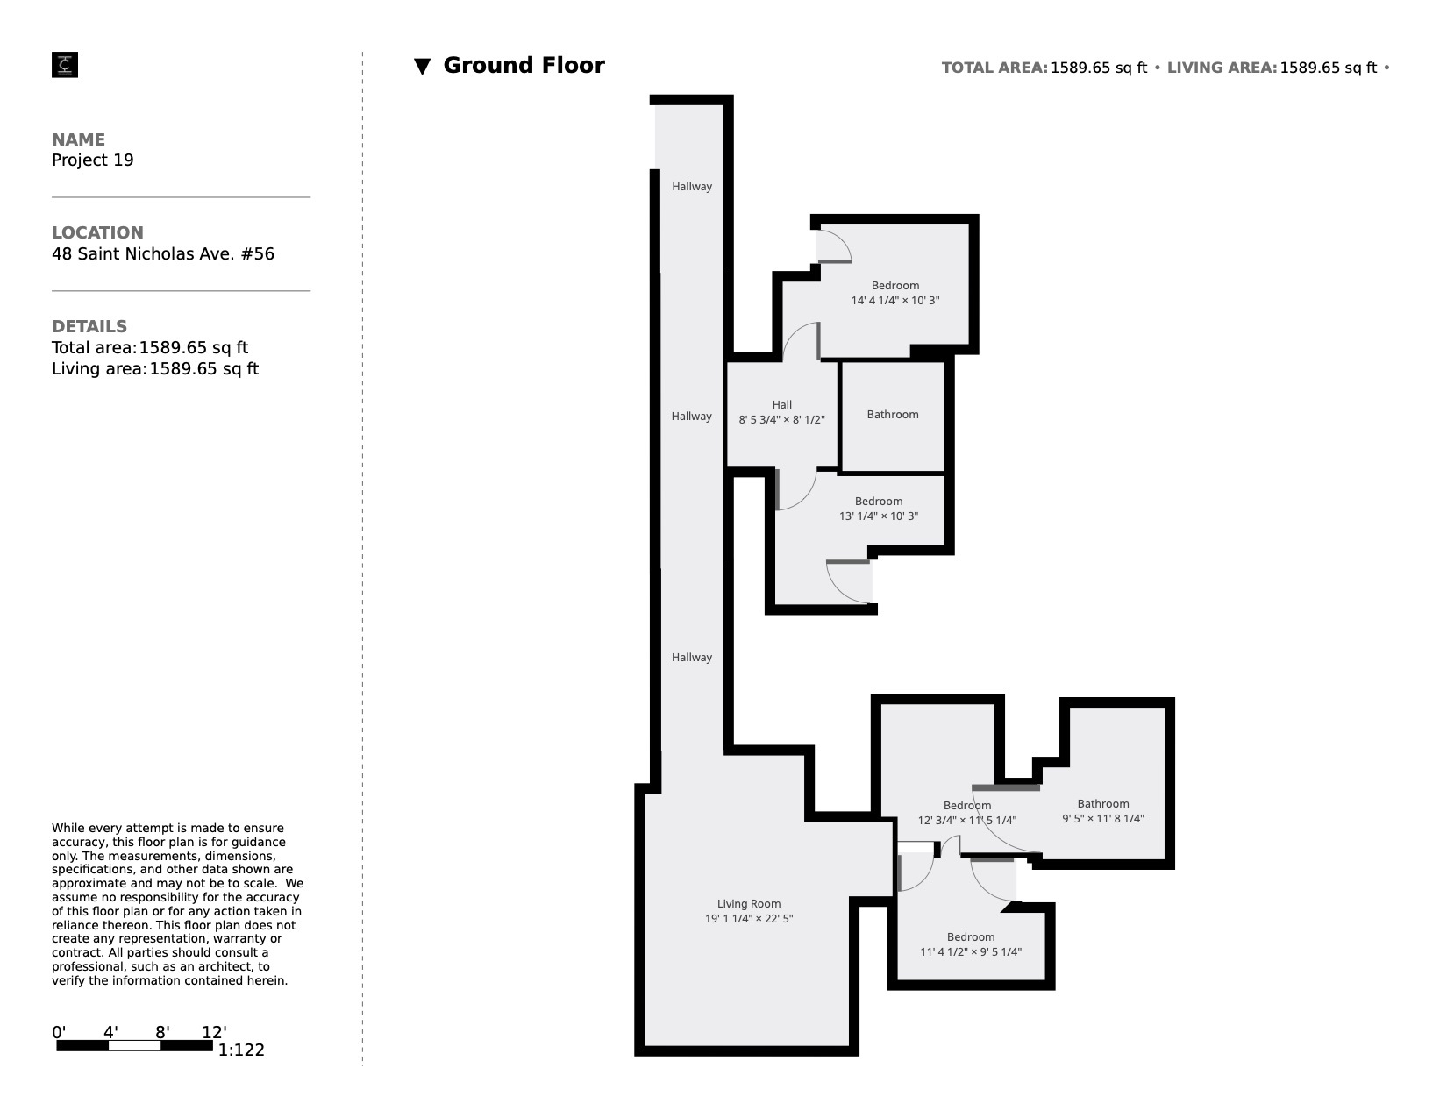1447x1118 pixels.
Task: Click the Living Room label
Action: (x=748, y=904)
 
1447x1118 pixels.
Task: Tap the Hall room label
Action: (x=781, y=405)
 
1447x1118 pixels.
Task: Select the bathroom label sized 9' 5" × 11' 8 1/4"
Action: (x=1102, y=804)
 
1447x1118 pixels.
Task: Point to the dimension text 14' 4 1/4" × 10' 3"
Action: (x=895, y=301)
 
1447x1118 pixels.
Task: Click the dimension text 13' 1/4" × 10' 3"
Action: (x=878, y=516)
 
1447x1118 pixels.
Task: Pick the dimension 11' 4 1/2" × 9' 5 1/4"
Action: (x=970, y=952)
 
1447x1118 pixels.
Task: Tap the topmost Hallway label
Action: (x=692, y=187)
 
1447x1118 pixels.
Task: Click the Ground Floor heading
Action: (x=524, y=66)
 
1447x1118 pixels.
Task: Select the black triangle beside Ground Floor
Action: (x=422, y=67)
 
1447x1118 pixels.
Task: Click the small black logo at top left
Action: (x=65, y=65)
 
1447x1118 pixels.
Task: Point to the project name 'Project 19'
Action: (x=93, y=160)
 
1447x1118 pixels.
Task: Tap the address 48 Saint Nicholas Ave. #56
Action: (x=163, y=254)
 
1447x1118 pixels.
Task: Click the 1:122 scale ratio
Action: (x=241, y=1050)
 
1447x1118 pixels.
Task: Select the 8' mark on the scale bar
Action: (x=162, y=1032)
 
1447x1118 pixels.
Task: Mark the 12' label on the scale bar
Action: (x=214, y=1032)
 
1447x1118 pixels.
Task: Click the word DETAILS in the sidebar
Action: (x=89, y=326)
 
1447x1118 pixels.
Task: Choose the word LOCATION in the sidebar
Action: (x=97, y=233)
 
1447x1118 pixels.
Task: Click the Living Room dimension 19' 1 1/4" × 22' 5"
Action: (x=748, y=919)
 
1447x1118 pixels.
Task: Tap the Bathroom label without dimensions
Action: (x=892, y=415)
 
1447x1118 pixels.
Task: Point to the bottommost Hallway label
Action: (x=692, y=658)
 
